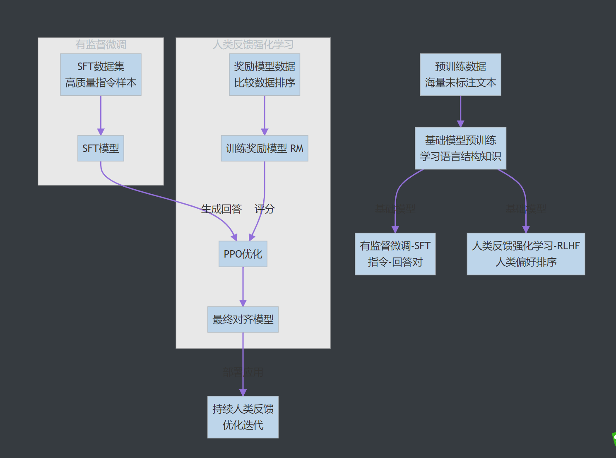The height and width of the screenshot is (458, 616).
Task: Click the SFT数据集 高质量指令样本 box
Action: tap(101, 75)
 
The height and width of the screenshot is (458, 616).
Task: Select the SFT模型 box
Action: tap(101, 148)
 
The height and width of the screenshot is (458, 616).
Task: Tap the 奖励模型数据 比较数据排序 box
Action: tap(265, 75)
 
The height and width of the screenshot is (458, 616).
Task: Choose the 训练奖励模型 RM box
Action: tap(265, 148)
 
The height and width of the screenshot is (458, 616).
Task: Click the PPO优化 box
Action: tap(243, 254)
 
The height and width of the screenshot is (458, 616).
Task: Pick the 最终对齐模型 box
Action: tap(243, 319)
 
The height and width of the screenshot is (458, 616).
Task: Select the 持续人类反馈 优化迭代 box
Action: tap(243, 417)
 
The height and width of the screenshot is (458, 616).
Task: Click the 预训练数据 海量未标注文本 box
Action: tap(460, 75)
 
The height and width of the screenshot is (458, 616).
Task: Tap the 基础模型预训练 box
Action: tap(460, 148)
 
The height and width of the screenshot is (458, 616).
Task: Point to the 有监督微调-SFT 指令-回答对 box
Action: tap(395, 254)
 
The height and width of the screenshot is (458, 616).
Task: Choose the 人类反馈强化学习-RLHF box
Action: tap(526, 254)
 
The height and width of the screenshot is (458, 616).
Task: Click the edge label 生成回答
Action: tap(221, 209)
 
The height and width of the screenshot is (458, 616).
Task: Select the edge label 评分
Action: tap(265, 209)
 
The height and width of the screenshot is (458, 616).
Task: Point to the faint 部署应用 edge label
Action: tap(243, 372)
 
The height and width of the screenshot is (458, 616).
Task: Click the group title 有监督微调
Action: tap(101, 44)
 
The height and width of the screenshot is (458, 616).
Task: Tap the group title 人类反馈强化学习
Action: tap(253, 44)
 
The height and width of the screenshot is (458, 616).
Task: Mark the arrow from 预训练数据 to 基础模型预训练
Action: tap(460, 111)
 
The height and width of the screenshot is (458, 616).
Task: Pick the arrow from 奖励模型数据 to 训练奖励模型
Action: tap(265, 115)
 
